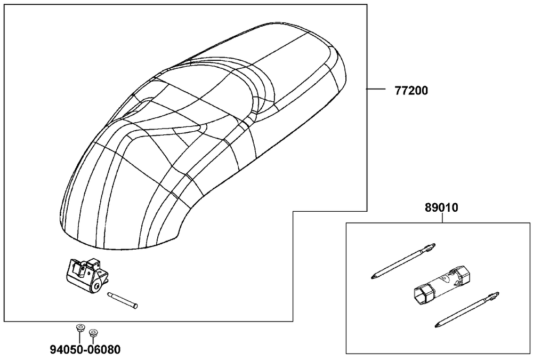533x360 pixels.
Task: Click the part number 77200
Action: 411,91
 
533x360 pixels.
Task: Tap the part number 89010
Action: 441,207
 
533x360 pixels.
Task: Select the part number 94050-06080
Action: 85,349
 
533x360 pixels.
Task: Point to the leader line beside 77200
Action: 376,89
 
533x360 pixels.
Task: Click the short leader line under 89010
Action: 442,218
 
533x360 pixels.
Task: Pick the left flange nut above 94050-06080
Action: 79,329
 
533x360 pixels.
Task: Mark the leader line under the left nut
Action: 79,338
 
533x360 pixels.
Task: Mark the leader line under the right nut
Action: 93,340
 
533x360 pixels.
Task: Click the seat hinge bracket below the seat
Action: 86,275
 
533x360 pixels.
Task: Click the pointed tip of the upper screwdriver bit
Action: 372,277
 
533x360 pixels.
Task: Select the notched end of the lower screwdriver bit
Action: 493,297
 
